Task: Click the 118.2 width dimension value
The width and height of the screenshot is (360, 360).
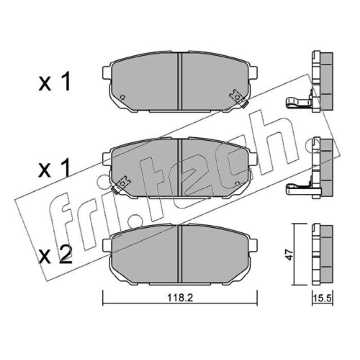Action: point(180,298)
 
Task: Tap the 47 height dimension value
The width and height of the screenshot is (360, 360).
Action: point(289,254)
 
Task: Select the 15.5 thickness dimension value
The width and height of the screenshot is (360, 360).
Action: point(322,298)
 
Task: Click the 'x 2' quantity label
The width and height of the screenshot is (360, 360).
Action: point(55,255)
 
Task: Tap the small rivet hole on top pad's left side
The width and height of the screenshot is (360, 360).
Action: point(122,97)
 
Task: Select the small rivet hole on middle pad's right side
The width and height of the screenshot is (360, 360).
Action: point(238,184)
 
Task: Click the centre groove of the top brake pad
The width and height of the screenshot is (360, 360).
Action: point(180,81)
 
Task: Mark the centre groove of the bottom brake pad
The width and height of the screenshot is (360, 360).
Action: point(180,254)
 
